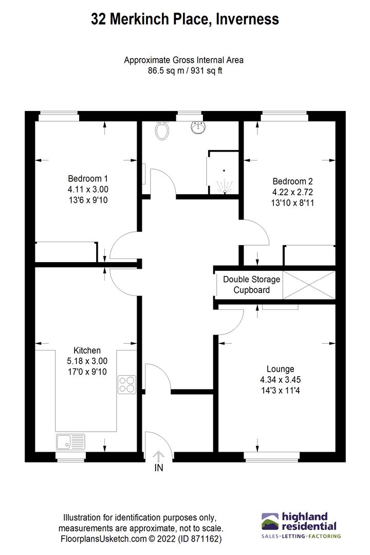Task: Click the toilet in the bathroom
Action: pos(163,132)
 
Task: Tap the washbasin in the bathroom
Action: pos(197,127)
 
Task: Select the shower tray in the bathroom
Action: pos(223,173)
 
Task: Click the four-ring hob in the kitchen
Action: pos(127,384)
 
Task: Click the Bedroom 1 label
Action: pos(88,179)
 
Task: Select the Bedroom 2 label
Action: pos(292,181)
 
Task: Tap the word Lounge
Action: pos(280,369)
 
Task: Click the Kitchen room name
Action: pos(87,350)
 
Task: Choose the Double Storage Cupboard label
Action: pos(251,285)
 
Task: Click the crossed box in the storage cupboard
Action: pos(309,284)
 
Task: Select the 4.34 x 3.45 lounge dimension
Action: pos(280,379)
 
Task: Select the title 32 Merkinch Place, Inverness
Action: pos(185,20)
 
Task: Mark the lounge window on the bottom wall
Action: pos(272,455)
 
